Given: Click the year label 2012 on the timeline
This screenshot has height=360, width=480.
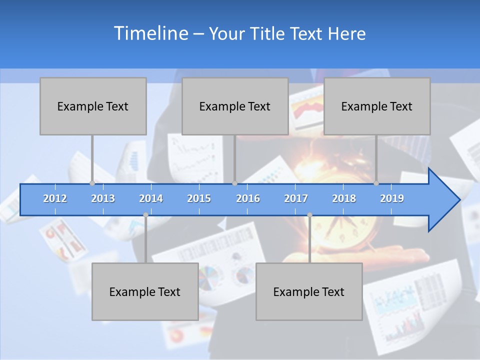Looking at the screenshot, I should [55, 198].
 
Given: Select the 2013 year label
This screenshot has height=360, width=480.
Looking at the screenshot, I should [103, 198].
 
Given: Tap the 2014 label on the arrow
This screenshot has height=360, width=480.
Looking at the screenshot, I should [151, 198].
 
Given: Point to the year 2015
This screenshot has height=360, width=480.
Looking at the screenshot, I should [199, 198].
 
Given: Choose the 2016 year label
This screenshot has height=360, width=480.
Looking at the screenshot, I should [248, 198].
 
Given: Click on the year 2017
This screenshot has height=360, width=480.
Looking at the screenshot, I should [296, 198].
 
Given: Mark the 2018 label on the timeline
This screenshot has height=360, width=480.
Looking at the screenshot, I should [344, 198].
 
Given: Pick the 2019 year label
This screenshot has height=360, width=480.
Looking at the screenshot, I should [392, 198].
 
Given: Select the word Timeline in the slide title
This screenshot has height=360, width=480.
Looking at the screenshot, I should [150, 33].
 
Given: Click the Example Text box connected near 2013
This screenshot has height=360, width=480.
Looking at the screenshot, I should [93, 106].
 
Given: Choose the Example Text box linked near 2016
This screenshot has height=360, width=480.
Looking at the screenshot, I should [235, 106].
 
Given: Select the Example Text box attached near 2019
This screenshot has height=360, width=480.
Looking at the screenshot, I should [377, 106].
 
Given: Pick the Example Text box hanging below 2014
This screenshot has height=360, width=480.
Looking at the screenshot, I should [145, 291].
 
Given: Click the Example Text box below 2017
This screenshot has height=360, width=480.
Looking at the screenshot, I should [309, 291].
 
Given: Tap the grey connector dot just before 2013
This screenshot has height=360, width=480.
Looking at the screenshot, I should [92, 183].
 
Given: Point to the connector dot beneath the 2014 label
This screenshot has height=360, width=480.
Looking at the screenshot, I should [145, 215].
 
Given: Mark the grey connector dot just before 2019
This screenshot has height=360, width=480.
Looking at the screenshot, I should [376, 183].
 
